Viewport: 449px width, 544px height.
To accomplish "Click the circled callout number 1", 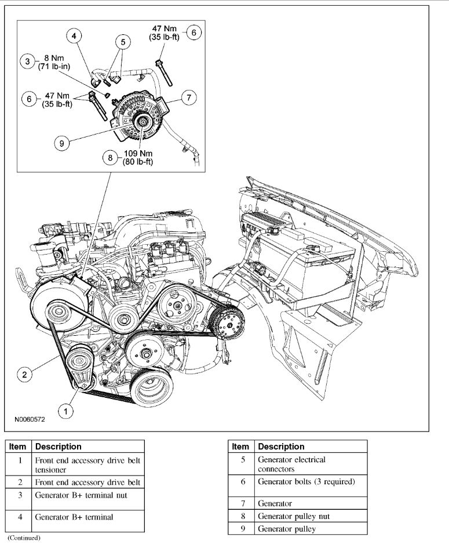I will (67, 411).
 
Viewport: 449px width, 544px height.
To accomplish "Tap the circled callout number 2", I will (24, 375).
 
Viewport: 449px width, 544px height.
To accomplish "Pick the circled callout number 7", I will (188, 98).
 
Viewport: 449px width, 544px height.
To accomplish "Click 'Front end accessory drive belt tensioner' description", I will (87, 465).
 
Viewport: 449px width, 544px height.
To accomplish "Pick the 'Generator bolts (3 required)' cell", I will (306, 482).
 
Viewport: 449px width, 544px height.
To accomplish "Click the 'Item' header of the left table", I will (18, 447).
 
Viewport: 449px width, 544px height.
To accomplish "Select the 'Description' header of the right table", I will (281, 447).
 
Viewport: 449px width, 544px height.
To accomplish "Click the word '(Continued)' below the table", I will (24, 538).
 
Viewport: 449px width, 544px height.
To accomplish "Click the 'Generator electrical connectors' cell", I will (291, 464).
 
